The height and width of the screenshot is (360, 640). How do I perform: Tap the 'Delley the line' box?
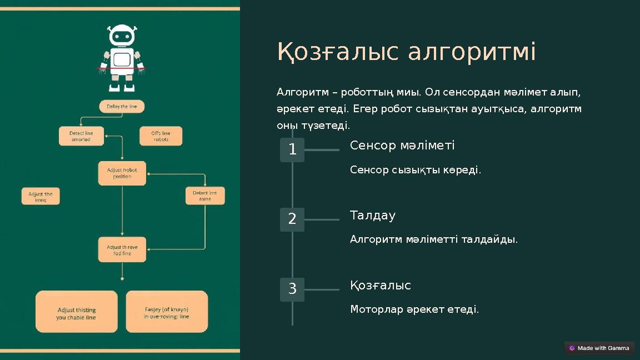pyautogui.click(x=122, y=106)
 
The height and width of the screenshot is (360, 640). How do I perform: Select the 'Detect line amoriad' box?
pyautogui.click(x=81, y=136)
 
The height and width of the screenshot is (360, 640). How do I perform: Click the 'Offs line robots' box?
pyautogui.click(x=161, y=136)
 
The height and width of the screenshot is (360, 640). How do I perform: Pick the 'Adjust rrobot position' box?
pyautogui.click(x=122, y=173)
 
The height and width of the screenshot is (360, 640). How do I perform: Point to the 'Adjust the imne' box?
pyautogui.click(x=41, y=197)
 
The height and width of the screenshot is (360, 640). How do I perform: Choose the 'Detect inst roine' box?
pyautogui.click(x=205, y=196)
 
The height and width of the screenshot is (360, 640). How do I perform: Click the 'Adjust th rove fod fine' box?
pyautogui.click(x=122, y=250)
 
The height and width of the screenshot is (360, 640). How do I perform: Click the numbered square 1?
pyautogui.click(x=292, y=149)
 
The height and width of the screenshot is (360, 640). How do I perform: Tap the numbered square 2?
pyautogui.click(x=292, y=219)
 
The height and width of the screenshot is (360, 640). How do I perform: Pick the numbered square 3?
pyautogui.click(x=292, y=289)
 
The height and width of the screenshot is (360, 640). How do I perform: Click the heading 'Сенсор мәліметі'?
pyautogui.click(x=402, y=146)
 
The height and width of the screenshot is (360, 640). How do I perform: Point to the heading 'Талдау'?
pyautogui.click(x=373, y=216)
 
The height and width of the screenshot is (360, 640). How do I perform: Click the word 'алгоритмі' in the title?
pyautogui.click(x=472, y=52)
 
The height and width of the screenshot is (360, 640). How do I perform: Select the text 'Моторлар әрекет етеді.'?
pyautogui.click(x=414, y=309)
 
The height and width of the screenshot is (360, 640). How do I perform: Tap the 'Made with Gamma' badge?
pyautogui.click(x=599, y=348)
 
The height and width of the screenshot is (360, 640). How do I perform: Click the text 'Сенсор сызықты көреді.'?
pyautogui.click(x=416, y=170)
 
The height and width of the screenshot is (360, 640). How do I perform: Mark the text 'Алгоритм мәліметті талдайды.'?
pyautogui.click(x=434, y=239)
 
